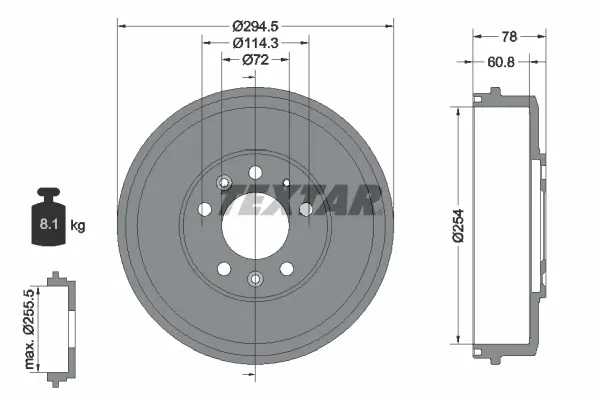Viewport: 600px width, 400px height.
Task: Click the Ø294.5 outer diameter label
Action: (x=255, y=25)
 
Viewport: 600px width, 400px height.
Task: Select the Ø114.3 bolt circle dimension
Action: (x=255, y=42)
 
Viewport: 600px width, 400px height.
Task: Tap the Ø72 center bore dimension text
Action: (x=255, y=60)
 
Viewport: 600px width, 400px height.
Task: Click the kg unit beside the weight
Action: (x=78, y=226)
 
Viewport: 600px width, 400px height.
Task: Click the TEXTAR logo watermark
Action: (x=300, y=200)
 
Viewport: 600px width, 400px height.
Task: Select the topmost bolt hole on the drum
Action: (x=255, y=172)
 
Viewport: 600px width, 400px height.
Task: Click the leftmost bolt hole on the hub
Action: (x=205, y=209)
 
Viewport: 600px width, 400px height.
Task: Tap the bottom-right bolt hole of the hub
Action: (x=287, y=268)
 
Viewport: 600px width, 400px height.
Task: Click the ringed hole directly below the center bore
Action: (x=255, y=278)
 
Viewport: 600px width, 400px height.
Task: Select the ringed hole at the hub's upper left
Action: (x=223, y=183)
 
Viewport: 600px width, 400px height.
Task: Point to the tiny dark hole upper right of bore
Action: (x=286, y=183)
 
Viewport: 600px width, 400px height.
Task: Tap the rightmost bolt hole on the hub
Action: (x=305, y=209)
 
